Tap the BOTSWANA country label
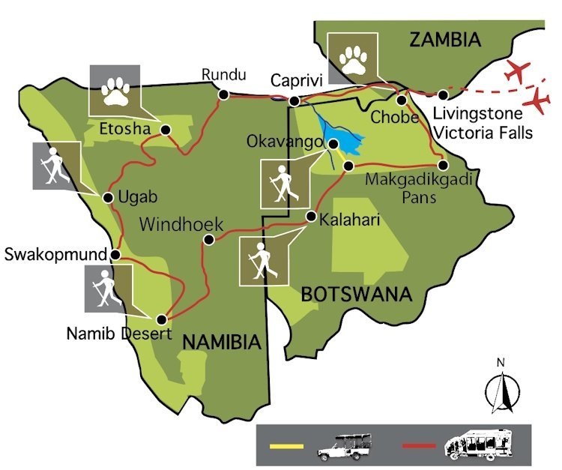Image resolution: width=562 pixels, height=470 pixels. coord(356,294)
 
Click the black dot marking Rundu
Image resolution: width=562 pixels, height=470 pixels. coord(223,94)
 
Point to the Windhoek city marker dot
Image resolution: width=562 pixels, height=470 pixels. coord(208,241)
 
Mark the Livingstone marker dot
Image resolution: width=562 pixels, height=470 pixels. coord(444,95)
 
